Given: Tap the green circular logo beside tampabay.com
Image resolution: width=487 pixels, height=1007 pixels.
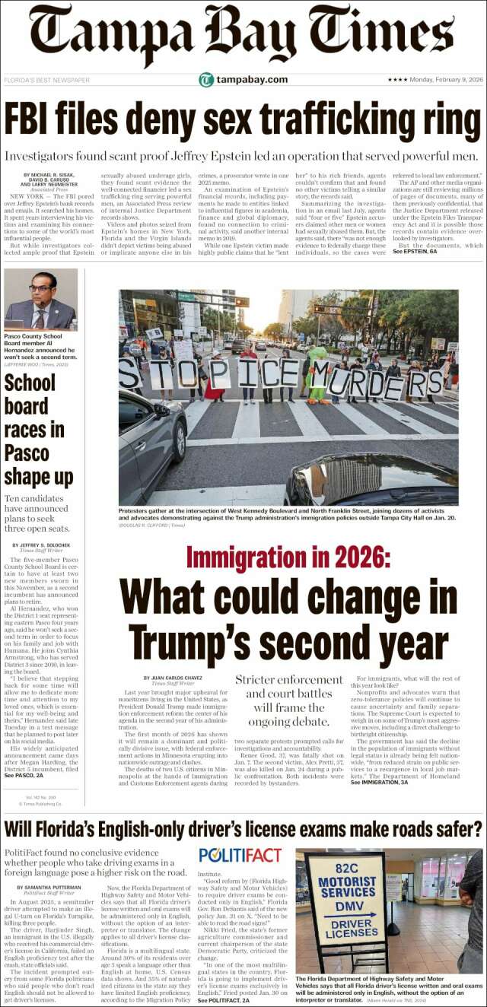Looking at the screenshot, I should click(205, 80).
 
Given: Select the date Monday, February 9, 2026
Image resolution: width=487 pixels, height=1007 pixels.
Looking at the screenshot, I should click(447, 80).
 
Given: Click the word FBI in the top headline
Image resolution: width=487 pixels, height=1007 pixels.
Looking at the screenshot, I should click(34, 120).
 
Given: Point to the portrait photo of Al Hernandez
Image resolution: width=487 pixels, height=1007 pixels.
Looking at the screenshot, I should click(40, 299).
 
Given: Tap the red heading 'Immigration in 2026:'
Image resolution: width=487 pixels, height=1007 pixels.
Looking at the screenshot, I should click(288, 559).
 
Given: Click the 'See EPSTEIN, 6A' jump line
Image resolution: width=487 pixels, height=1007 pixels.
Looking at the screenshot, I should click(415, 251).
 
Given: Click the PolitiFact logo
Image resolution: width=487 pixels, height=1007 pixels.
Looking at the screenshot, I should click(240, 854).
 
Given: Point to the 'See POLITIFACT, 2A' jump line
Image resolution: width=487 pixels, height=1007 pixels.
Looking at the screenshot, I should click(226, 1001).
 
